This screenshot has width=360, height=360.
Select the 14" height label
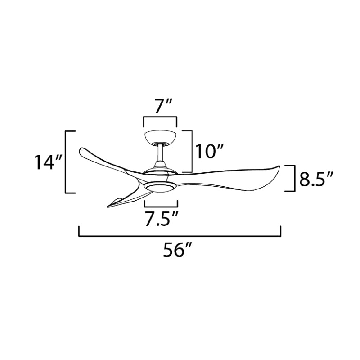click(48, 162)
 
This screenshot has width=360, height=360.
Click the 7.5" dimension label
click(162, 220)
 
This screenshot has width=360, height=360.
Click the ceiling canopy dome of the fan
click(160, 137)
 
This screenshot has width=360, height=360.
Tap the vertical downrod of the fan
click(161, 153)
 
